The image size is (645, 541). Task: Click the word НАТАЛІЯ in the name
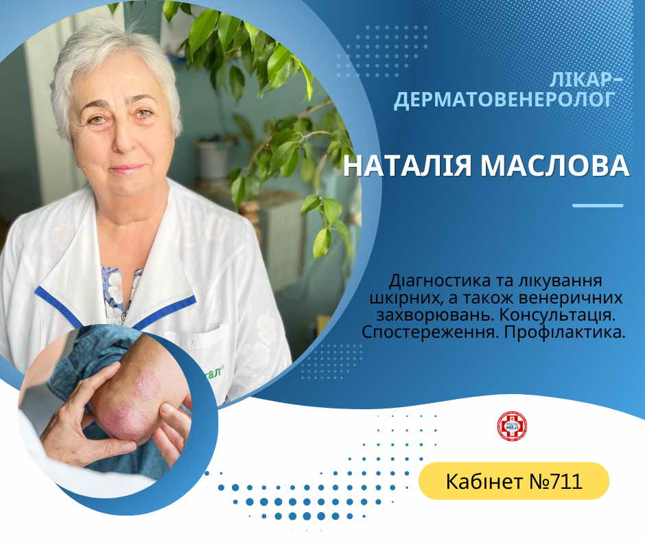[407, 165]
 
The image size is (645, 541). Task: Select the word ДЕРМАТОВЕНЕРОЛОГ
[505, 100]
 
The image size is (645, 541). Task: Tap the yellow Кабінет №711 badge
[513, 481]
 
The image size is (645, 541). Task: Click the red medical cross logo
[512, 426]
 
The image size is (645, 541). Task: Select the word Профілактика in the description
[564, 332]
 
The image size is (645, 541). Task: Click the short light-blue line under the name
[598, 205]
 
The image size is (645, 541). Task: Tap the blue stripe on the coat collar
[165, 312]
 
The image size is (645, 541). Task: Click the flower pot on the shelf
[213, 159]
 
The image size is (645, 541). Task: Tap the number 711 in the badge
[567, 481]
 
